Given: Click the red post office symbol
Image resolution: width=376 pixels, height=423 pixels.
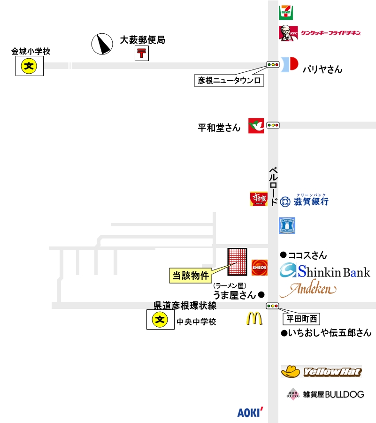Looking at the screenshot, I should (x=142, y=53).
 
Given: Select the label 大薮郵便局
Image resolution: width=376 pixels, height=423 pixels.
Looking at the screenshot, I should (x=143, y=40).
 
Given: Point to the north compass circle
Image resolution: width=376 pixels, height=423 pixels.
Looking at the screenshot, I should (x=102, y=44).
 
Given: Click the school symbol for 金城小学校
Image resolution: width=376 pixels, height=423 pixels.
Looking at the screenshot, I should (x=29, y=66).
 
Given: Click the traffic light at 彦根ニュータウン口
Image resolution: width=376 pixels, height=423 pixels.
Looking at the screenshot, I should (x=272, y=64).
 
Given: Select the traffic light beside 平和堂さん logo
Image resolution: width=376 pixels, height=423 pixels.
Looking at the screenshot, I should (x=273, y=125).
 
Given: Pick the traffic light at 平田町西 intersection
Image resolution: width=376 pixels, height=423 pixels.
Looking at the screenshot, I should (x=272, y=306).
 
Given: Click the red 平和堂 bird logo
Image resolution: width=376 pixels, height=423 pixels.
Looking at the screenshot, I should (x=256, y=125).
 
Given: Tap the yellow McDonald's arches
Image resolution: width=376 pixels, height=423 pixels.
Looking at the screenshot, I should (x=254, y=319).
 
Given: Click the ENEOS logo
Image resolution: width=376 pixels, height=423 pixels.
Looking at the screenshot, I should (x=260, y=267).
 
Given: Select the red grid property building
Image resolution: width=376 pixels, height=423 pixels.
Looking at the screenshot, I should (x=238, y=261).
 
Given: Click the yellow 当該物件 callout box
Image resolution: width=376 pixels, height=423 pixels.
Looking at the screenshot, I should (x=190, y=276).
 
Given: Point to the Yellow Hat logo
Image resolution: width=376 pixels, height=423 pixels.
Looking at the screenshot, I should (x=321, y=372).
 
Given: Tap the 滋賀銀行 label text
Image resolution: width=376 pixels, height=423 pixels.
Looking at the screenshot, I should (x=311, y=201).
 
